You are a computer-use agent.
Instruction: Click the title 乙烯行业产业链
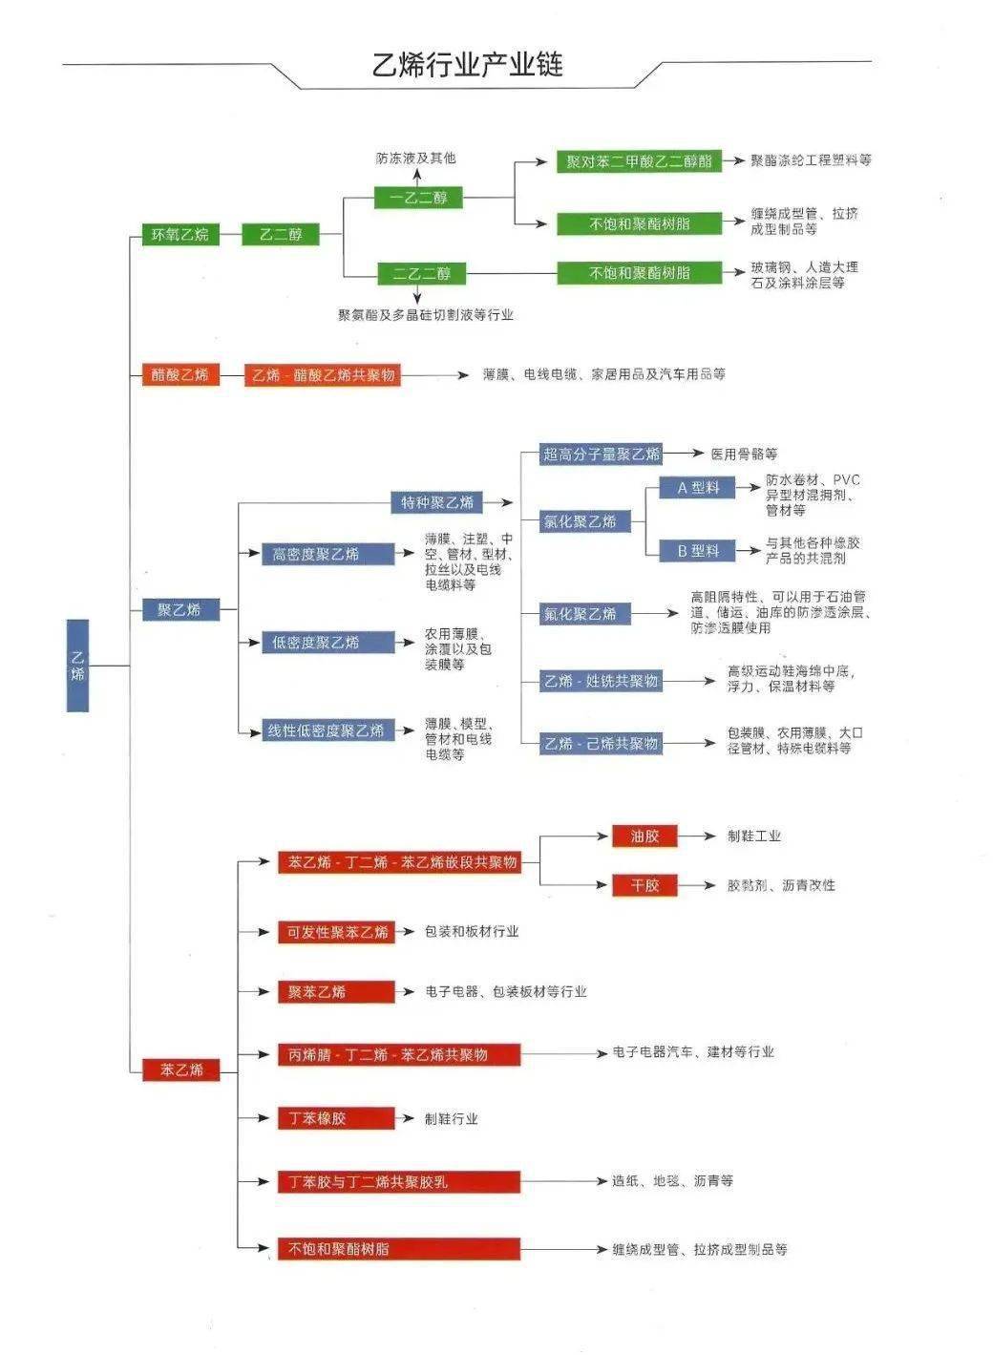pyautogui.click(x=467, y=65)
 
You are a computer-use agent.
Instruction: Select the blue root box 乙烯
pyautogui.click(x=77, y=665)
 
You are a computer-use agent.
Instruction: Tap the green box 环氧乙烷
pyautogui.click(x=180, y=234)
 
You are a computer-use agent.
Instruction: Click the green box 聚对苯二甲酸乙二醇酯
pyautogui.click(x=639, y=161)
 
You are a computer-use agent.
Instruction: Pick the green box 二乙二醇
pyautogui.click(x=421, y=274)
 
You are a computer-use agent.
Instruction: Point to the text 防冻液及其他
pyautogui.click(x=415, y=158)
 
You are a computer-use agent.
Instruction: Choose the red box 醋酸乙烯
pyautogui.click(x=180, y=374)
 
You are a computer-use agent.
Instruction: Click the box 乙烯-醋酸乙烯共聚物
pyautogui.click(x=323, y=375)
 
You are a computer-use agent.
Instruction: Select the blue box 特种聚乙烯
pyautogui.click(x=436, y=502)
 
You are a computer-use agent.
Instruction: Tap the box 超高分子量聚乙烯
pyautogui.click(x=602, y=454)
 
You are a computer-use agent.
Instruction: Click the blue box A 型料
pyautogui.click(x=697, y=488)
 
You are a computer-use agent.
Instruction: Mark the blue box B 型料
pyautogui.click(x=697, y=551)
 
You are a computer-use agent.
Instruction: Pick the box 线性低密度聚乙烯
pyautogui.click(x=327, y=730)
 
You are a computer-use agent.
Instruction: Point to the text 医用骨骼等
pyautogui.click(x=744, y=454)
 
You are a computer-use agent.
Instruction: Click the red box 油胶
pyautogui.click(x=644, y=836)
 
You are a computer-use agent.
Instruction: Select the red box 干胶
pyautogui.click(x=644, y=885)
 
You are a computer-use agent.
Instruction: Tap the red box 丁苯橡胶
pyautogui.click(x=335, y=1118)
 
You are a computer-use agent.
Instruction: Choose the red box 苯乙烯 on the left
pyautogui.click(x=180, y=1069)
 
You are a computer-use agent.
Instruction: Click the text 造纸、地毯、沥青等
pyautogui.click(x=672, y=1181)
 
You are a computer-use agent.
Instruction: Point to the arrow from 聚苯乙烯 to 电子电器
pyautogui.click(x=408, y=992)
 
